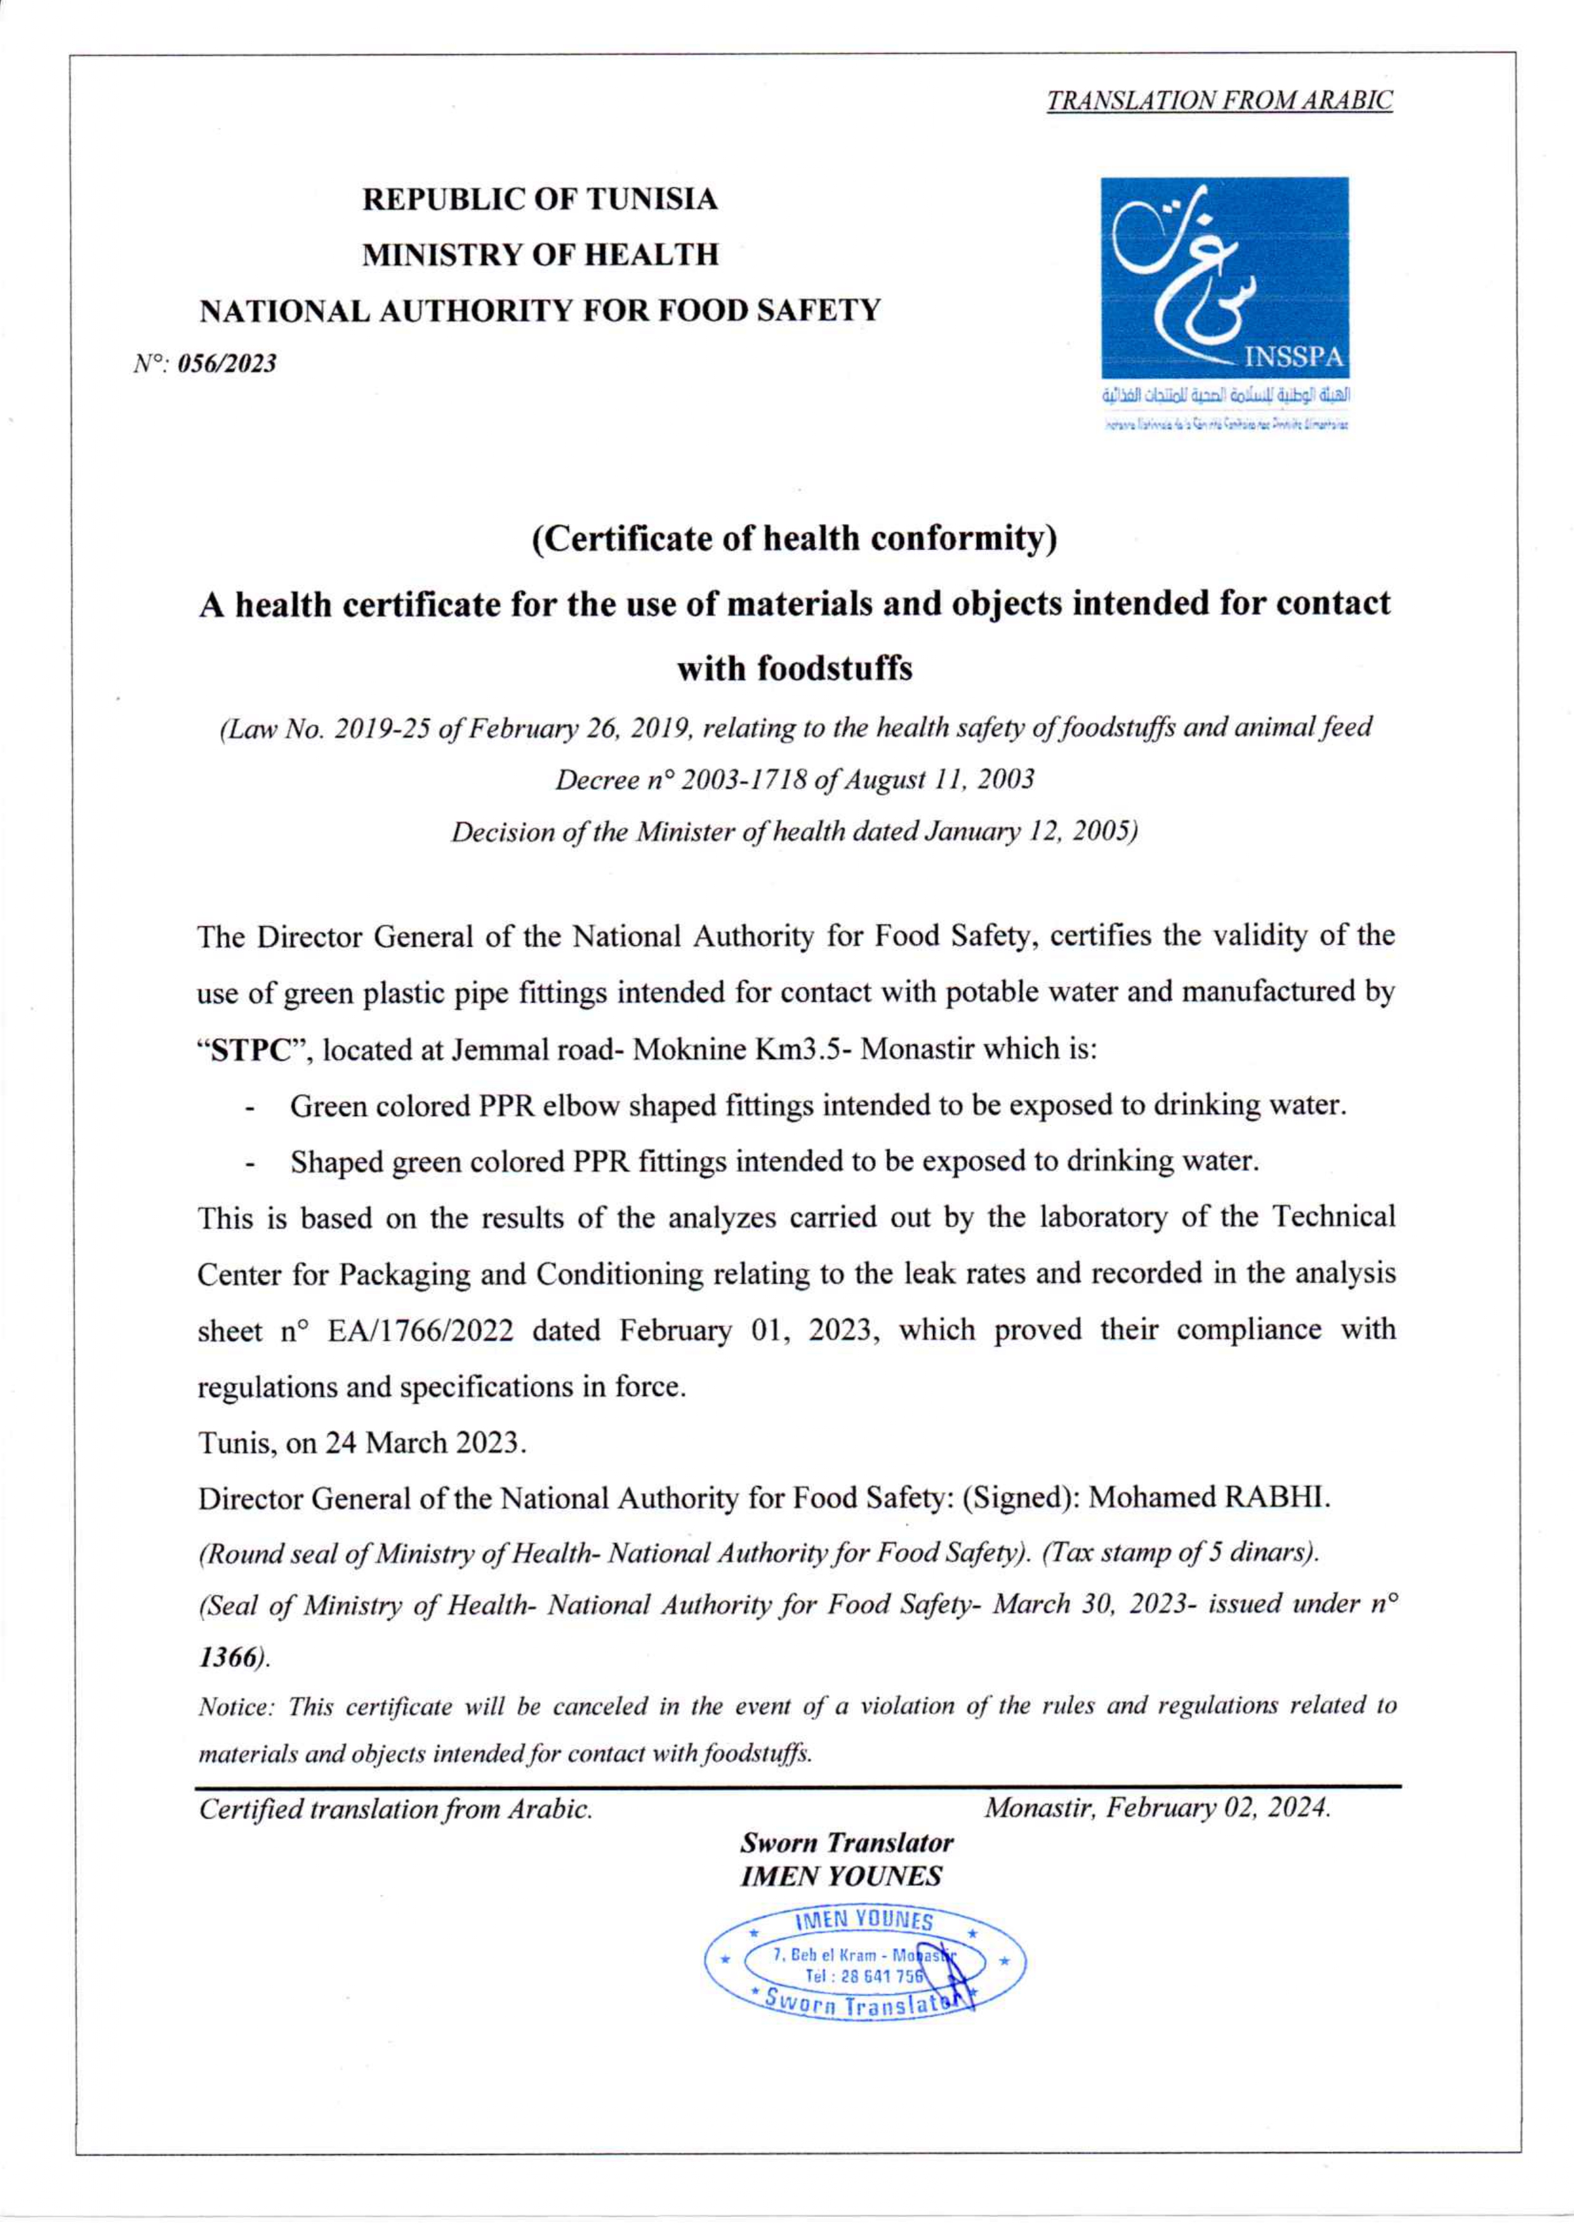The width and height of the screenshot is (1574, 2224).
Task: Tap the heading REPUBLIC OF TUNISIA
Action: pyautogui.click(x=540, y=200)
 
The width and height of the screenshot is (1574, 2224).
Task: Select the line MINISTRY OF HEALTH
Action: pyautogui.click(x=540, y=255)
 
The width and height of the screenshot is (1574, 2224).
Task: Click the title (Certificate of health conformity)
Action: pyautogui.click(x=794, y=538)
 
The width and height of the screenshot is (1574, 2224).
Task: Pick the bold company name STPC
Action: pyautogui.click(x=252, y=1051)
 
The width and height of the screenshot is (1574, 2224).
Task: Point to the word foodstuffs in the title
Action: pyautogui.click(x=794, y=669)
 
